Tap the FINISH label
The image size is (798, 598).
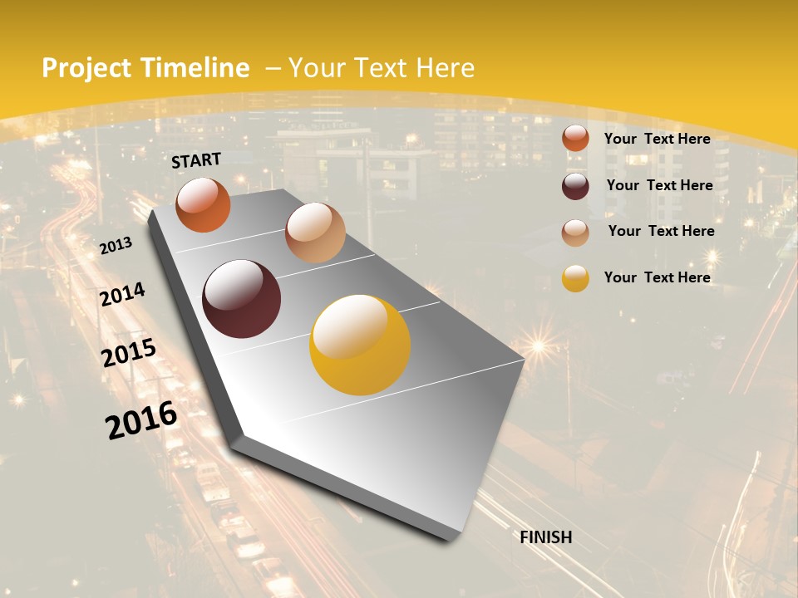coord(545,537)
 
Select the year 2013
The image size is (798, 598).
coord(116,246)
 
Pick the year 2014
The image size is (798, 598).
coord(122,295)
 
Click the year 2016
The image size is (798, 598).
coord(141,420)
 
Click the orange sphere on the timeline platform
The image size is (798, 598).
coord(203,204)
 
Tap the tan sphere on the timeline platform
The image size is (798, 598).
coord(315,233)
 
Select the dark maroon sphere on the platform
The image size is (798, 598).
coord(241,299)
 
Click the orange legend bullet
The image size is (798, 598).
coord(575,139)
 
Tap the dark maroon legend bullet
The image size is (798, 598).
coord(575,185)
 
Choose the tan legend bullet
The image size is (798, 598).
coord(575,232)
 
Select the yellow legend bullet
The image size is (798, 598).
coord(575,278)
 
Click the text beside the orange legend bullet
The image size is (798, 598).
coord(657,139)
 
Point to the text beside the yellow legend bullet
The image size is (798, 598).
coord(657,277)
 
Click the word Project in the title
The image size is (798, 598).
coord(86,68)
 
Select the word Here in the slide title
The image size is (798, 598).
coord(445,68)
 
